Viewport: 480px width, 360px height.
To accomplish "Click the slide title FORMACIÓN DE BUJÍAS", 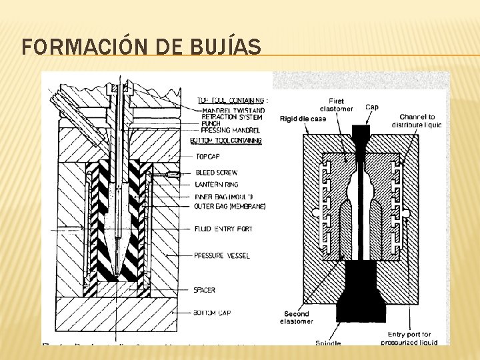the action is [x=141, y=47].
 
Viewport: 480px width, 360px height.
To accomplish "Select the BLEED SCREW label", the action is [x=216, y=172].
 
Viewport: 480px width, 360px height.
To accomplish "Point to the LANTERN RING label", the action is [x=217, y=184].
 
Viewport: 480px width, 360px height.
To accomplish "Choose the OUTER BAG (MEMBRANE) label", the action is [x=229, y=207].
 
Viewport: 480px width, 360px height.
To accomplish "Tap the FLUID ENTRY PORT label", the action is [x=223, y=229].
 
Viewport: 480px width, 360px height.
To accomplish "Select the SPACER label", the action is [x=205, y=290].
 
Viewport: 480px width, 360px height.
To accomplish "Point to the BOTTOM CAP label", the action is [x=211, y=311].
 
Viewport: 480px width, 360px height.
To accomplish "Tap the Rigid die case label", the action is [x=303, y=119].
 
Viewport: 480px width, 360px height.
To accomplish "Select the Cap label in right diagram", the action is [x=373, y=107].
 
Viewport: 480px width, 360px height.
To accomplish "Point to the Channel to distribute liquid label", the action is [x=416, y=121].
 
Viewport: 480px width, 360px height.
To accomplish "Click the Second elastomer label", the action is [x=297, y=318].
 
